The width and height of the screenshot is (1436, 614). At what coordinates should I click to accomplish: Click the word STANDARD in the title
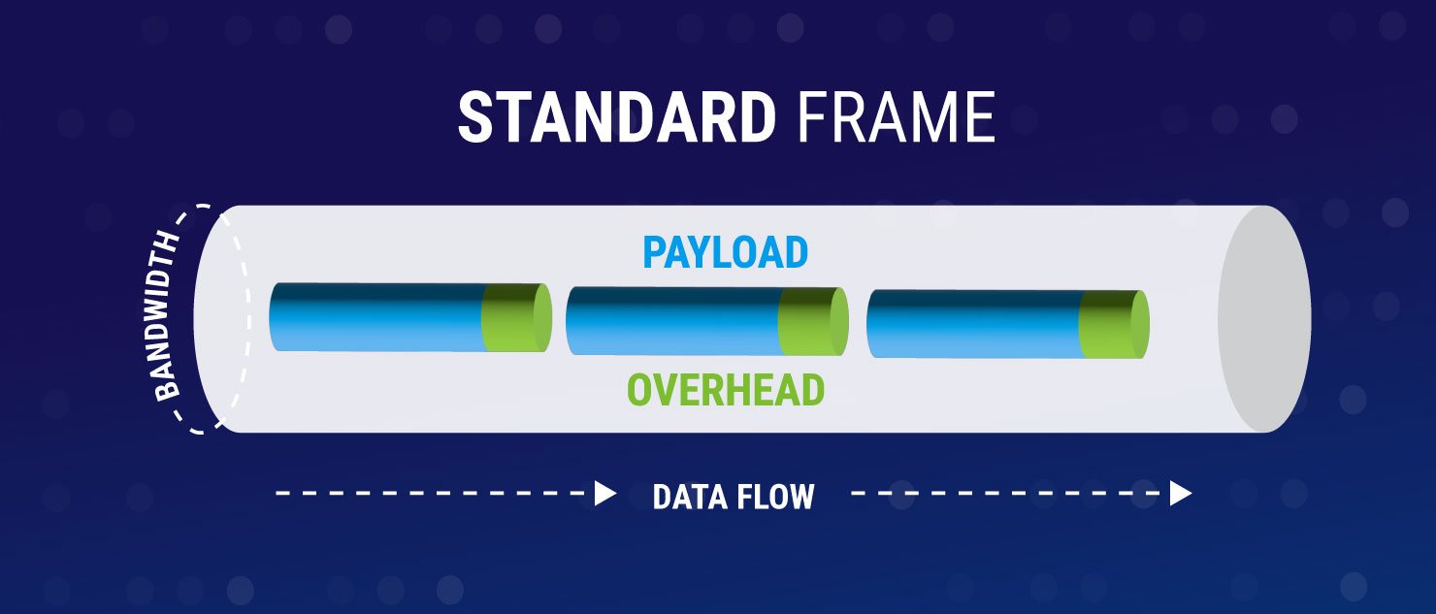point(617,117)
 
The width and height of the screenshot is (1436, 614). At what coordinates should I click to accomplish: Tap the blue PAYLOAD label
point(725,253)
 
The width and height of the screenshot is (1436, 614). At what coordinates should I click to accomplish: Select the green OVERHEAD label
point(726,390)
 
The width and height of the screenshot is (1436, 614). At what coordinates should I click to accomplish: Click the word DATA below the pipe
point(692,497)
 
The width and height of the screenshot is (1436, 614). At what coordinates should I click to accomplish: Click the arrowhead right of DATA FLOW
point(1180,494)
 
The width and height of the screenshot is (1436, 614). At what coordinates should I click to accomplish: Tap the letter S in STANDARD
point(474,117)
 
